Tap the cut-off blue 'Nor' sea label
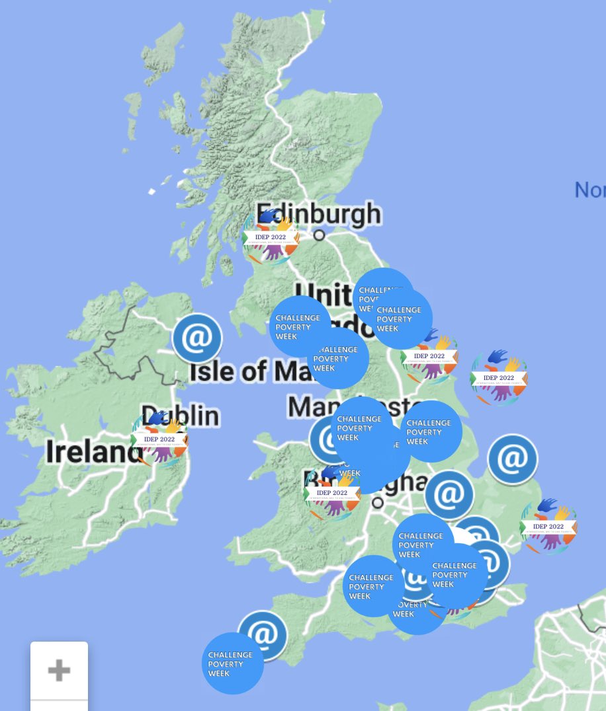click(589, 190)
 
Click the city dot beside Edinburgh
click(320, 235)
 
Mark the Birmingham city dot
click(377, 502)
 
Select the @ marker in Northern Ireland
click(196, 338)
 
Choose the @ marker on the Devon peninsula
click(263, 635)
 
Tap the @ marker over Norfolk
click(512, 459)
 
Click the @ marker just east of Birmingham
click(449, 494)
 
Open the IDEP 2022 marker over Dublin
click(159, 439)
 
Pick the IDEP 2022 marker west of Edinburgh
click(271, 237)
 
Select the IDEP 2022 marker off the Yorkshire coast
click(499, 378)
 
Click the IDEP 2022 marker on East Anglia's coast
click(548, 527)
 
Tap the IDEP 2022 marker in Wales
click(332, 493)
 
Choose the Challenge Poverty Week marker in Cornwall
click(232, 663)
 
